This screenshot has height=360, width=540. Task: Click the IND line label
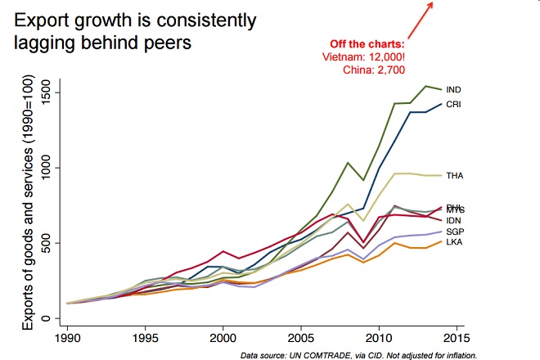[452, 89]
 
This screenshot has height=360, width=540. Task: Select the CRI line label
[452, 105]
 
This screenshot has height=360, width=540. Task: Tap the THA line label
[453, 176]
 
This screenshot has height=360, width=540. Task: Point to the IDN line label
[452, 220]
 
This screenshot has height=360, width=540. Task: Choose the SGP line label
[453, 232]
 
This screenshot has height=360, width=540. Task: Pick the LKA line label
[452, 242]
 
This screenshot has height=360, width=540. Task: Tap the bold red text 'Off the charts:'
[367, 43]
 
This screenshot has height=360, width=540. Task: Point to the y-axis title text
[29, 205]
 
